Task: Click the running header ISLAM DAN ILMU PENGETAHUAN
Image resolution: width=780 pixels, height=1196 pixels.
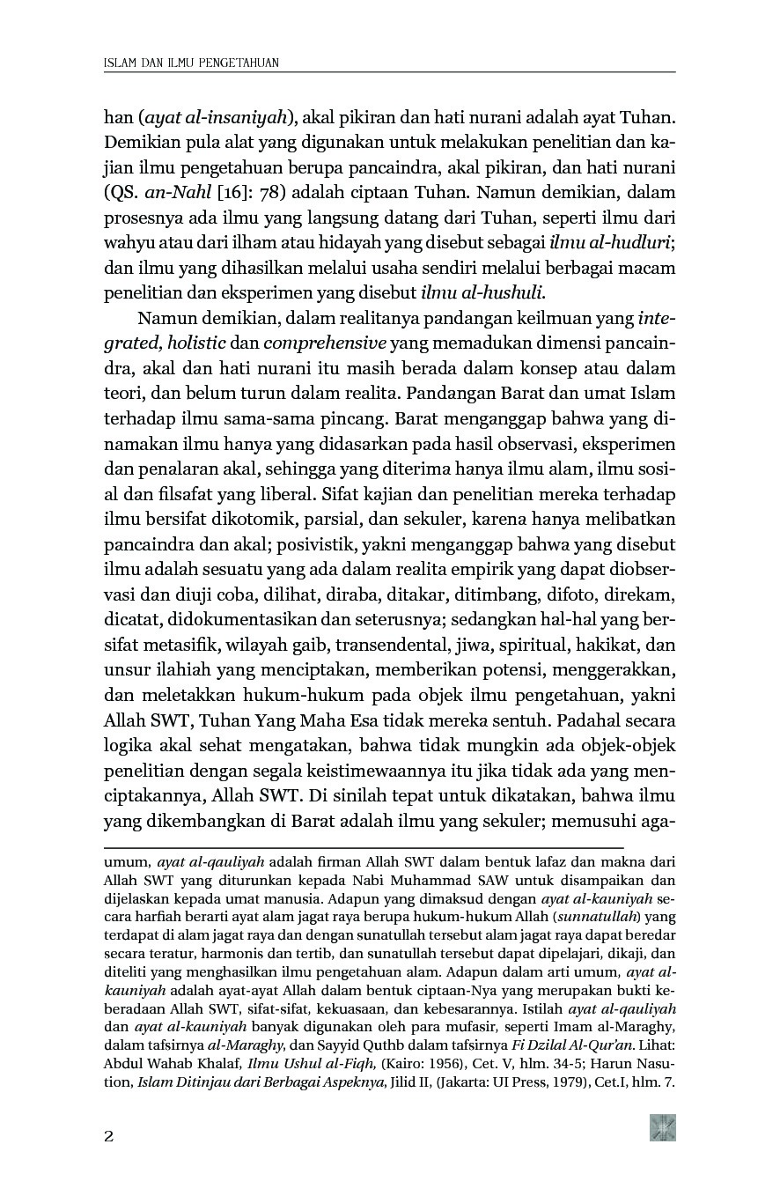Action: click(x=191, y=63)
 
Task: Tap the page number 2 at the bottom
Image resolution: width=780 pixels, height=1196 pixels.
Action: click(x=109, y=1136)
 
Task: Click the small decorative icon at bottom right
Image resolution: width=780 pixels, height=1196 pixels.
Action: click(x=662, y=1127)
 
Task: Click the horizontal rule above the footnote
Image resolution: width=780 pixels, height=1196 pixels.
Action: click(x=364, y=846)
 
